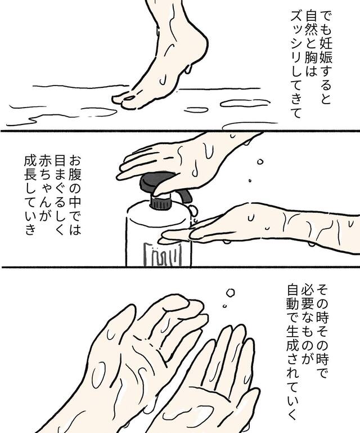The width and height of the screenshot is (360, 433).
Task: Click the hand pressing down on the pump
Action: coord(180,160)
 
